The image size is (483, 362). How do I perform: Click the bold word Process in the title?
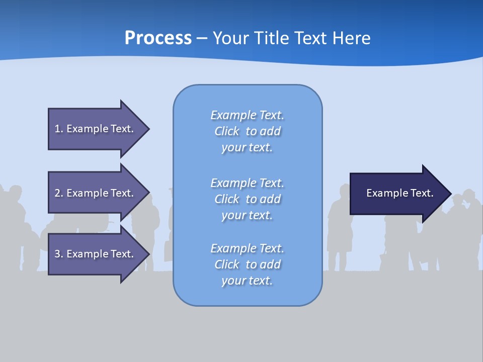pos(158,38)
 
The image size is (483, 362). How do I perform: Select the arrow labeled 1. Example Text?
pos(96,129)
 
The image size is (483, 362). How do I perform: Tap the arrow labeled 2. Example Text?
pos(96,193)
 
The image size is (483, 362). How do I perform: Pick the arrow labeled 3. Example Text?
pos(96,254)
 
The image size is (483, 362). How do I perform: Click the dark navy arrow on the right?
pos(397,193)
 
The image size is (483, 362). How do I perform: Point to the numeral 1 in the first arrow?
pos(57,129)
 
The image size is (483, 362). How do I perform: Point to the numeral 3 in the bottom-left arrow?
pos(57,254)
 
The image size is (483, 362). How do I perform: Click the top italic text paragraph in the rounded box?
pos(247,131)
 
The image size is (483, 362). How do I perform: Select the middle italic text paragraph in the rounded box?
pos(247,199)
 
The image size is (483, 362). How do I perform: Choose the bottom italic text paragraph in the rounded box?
pos(247,264)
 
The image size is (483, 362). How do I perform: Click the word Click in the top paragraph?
pos(227,131)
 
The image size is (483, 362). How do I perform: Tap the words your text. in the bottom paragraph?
pos(247,281)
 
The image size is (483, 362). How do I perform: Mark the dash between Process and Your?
pos(202,39)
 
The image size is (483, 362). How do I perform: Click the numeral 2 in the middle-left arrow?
pos(57,193)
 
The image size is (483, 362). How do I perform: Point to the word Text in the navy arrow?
pos(422,193)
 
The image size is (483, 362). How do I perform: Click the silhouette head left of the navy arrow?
pos(345,192)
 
